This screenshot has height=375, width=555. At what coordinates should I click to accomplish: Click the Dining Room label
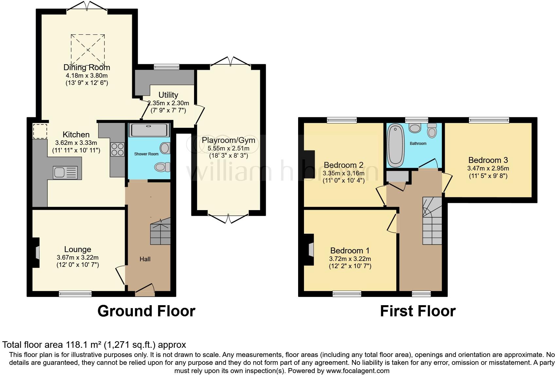[87, 68]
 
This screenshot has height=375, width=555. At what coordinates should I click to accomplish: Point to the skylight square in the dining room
[88, 49]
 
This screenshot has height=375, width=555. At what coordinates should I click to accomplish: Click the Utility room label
[168, 95]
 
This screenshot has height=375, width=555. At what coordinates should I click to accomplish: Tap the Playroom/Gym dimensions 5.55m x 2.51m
[228, 148]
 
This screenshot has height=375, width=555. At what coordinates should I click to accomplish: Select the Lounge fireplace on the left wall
[37, 252]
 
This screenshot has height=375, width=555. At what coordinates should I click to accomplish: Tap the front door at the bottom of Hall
[145, 290]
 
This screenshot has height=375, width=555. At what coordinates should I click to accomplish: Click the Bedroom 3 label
[488, 160]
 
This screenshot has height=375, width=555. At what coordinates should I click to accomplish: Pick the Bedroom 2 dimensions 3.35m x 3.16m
[343, 173]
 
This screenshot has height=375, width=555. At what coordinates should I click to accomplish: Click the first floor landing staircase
[432, 221]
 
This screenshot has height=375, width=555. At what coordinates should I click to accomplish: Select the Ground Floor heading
[146, 311]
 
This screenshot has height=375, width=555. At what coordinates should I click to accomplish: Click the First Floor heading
[418, 311]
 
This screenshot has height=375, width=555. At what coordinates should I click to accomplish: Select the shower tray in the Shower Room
[150, 130]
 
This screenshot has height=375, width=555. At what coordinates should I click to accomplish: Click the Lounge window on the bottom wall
[75, 294]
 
